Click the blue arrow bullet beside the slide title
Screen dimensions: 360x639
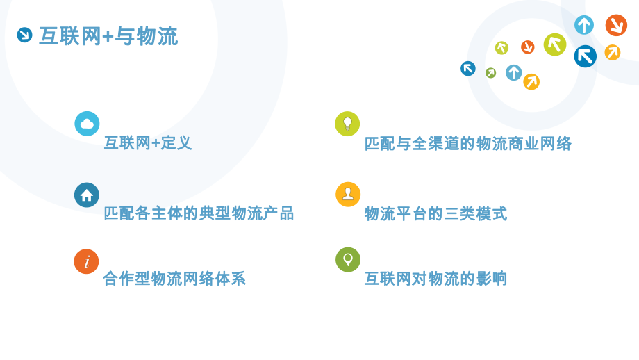click(x=24, y=35)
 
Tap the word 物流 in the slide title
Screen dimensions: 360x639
click(x=157, y=36)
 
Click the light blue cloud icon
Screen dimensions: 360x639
click(x=87, y=124)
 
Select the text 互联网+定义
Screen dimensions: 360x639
click(x=148, y=143)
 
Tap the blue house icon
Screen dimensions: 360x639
click(x=87, y=195)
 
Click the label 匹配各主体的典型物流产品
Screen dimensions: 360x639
click(x=199, y=213)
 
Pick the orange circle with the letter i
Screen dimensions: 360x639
click(x=87, y=261)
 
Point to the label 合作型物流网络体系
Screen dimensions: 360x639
click(x=174, y=279)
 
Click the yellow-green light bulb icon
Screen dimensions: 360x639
click(x=347, y=124)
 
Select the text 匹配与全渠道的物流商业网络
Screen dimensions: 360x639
click(x=468, y=144)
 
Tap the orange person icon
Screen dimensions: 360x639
click(x=348, y=195)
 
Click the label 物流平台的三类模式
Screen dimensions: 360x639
click(x=436, y=213)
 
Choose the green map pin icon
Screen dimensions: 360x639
click(x=348, y=259)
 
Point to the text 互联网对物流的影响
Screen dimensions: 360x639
click(x=436, y=279)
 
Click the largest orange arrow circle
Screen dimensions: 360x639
click(x=616, y=25)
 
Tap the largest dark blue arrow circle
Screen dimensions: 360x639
click(x=586, y=56)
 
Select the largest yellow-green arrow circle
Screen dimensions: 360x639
click(x=555, y=44)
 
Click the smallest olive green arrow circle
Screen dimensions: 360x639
click(x=491, y=72)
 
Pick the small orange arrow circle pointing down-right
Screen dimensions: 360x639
click(x=528, y=47)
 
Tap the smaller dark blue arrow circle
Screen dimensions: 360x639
click(x=468, y=68)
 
